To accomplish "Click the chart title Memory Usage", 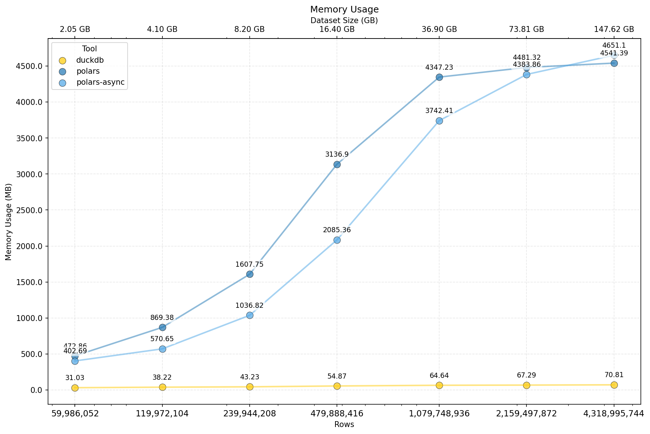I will [x=344, y=10].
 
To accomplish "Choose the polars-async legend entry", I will [x=100, y=83].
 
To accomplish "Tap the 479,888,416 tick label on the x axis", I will [x=337, y=414].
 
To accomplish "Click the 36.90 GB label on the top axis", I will [x=439, y=30].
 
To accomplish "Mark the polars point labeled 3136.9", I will [x=337, y=164].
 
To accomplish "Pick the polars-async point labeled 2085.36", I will [x=337, y=240].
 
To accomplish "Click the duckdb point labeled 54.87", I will [x=337, y=386].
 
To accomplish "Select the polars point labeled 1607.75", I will [x=250, y=274].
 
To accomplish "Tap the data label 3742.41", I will [x=439, y=111].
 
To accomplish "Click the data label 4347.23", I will [x=439, y=68].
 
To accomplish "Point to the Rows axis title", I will [x=344, y=425].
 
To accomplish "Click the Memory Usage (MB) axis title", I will [x=9, y=222].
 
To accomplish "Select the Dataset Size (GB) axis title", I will [x=344, y=21].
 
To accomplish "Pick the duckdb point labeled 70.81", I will [x=614, y=385].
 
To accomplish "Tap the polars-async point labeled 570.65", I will [x=162, y=349].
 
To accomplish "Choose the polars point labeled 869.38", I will [x=162, y=327].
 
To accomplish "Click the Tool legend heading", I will [x=89, y=49].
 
